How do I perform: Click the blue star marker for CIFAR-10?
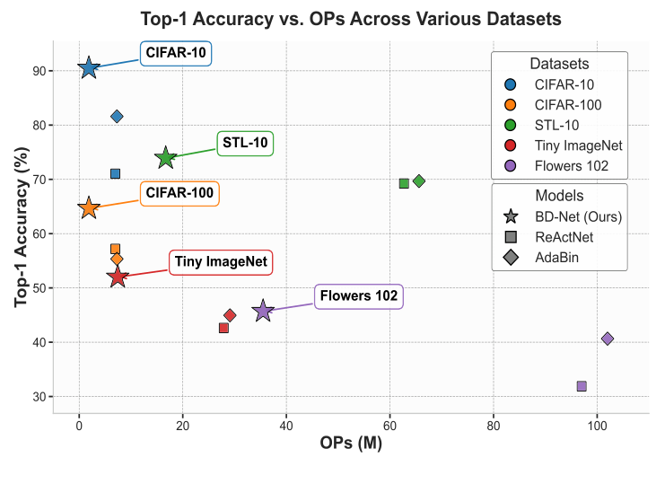click(88, 68)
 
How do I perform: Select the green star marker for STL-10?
click(166, 158)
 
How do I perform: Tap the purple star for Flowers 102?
click(263, 312)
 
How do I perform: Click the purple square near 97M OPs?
click(582, 386)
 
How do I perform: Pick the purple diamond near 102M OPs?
click(608, 339)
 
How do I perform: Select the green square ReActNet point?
click(404, 183)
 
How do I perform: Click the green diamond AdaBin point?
click(419, 181)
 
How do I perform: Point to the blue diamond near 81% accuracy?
click(117, 117)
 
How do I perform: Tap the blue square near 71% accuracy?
click(115, 173)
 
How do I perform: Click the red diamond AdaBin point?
click(230, 315)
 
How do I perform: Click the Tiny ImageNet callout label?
click(221, 262)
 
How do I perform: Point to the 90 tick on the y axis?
click(39, 71)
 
